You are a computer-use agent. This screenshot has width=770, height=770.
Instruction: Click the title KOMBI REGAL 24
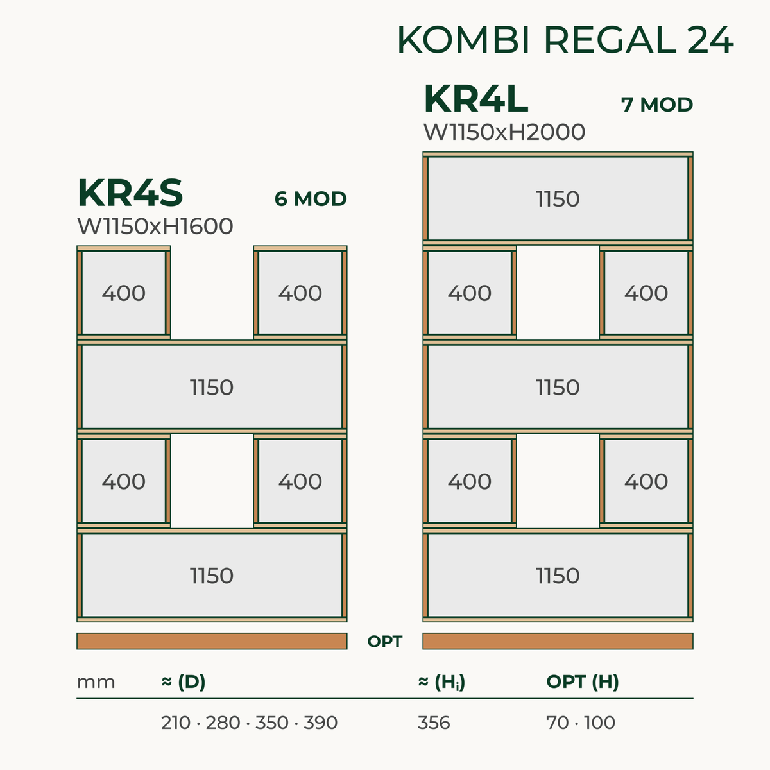click(565, 40)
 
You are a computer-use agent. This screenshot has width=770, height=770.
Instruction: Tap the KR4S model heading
click(130, 193)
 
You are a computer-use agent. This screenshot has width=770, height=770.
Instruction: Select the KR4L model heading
click(476, 99)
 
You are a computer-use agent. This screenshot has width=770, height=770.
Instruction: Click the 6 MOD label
click(311, 199)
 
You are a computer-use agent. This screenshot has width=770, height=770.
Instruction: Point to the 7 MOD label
click(657, 105)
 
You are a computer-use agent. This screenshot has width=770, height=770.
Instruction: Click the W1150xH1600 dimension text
click(155, 226)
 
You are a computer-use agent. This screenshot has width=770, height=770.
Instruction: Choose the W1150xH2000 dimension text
click(504, 132)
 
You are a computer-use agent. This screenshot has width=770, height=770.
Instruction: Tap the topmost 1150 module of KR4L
click(558, 198)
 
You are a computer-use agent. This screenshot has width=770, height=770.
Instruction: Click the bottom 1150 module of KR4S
click(212, 576)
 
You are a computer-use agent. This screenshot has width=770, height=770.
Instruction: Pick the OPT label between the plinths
click(385, 641)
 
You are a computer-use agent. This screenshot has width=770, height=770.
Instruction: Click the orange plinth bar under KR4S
click(212, 641)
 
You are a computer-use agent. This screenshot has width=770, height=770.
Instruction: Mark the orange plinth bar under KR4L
click(558, 641)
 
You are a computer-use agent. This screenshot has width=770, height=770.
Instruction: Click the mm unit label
click(96, 682)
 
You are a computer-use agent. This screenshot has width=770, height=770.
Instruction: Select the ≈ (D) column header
click(184, 682)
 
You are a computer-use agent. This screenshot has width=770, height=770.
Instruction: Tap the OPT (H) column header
click(583, 682)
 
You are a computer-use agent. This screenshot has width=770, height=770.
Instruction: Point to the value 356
click(434, 723)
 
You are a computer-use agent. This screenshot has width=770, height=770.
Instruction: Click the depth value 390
click(320, 723)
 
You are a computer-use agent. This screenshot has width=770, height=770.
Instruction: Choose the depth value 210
click(176, 723)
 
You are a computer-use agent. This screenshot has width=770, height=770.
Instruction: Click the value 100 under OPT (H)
click(599, 723)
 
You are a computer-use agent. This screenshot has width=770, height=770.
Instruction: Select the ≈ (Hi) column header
click(441, 682)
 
